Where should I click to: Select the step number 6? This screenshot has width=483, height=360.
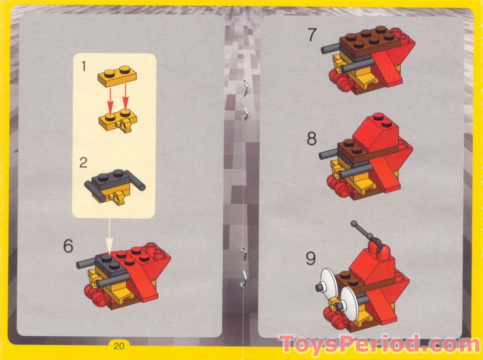pos(68,246)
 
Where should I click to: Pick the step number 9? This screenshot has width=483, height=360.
pos(311,258)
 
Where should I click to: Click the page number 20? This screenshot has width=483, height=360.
pos(119,346)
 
